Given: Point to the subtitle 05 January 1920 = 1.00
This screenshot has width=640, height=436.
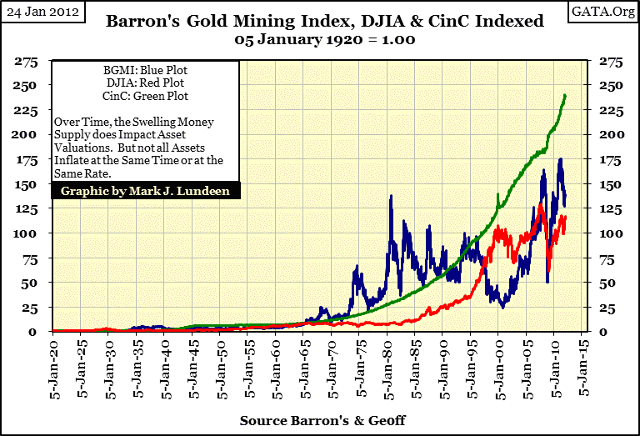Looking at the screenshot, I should click(320, 39).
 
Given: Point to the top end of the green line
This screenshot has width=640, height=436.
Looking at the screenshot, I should click(566, 95).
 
